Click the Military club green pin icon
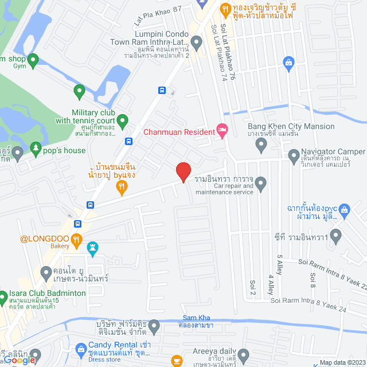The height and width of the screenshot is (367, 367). point(122,120)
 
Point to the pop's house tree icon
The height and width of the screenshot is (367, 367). point(36,150)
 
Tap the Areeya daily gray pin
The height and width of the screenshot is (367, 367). point(244,354)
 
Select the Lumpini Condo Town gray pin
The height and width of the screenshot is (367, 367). point(197,41)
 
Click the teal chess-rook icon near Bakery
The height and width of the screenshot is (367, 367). point(92,247)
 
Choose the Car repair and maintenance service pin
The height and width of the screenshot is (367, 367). point(261,184)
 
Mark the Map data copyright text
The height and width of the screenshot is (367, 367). point(342,362)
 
